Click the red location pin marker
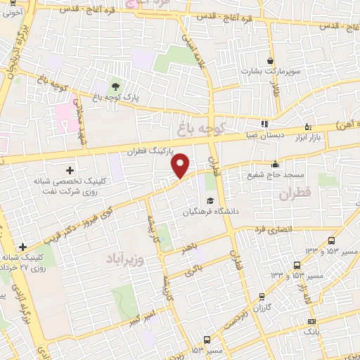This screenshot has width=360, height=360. [181, 166]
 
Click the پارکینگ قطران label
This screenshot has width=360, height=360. [150, 151]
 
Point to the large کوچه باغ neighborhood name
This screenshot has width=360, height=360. [200, 129]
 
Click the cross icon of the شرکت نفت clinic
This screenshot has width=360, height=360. [70, 170]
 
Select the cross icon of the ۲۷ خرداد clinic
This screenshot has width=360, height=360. [24, 247]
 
